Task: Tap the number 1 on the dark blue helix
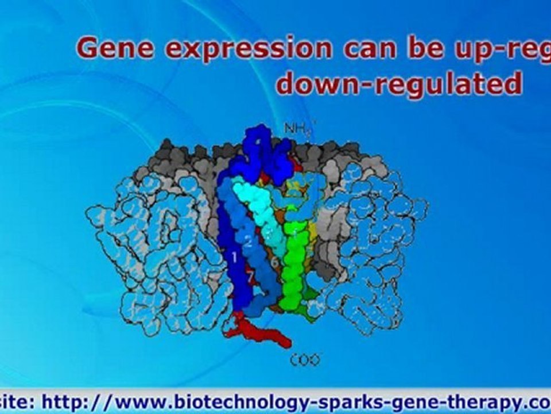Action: point(234,256)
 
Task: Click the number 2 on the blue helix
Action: point(249,242)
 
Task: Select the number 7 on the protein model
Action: point(250,278)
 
